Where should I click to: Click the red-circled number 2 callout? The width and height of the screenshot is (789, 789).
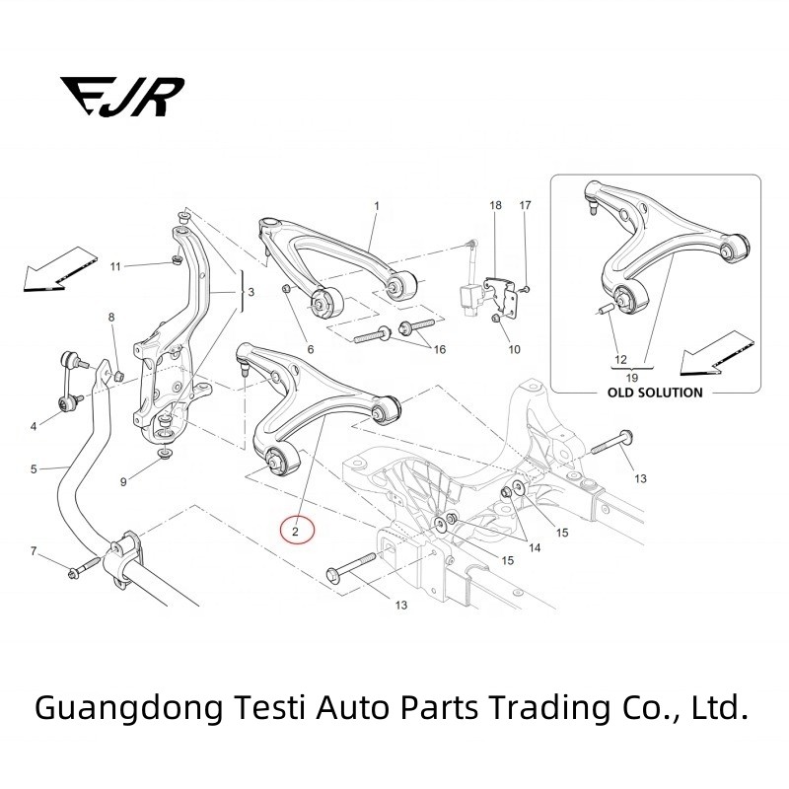[297, 531]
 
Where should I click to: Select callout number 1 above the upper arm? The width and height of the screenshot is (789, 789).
[376, 205]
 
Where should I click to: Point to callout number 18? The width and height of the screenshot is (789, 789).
[495, 205]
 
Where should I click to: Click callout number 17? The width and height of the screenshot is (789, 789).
[525, 205]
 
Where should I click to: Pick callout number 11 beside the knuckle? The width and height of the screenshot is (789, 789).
[115, 266]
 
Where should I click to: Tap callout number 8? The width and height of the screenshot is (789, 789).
[111, 317]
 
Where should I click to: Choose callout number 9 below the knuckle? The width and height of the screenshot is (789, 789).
[123, 482]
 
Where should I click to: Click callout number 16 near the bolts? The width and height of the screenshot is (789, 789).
[439, 350]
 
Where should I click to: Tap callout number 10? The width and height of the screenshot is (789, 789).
[514, 349]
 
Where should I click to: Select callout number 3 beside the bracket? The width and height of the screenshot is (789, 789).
[251, 293]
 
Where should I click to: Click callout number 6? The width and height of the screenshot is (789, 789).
[310, 349]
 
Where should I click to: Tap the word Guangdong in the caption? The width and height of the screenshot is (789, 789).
[107, 706]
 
